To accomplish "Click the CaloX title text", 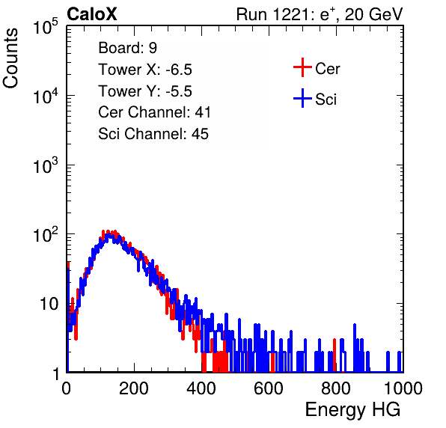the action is [92, 14].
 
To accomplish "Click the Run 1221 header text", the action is [320, 14].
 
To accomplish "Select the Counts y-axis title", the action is [10, 58].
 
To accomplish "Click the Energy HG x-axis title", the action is [352, 410].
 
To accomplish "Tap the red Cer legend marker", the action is [302, 67].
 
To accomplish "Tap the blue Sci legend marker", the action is [302, 99].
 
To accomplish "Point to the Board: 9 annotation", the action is [127, 48].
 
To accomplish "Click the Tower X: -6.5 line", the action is [145, 70].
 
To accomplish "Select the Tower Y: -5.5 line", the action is [145, 91].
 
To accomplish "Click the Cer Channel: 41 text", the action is [154, 112].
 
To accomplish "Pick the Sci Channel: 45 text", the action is [153, 134].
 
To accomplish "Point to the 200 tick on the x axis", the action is [134, 388].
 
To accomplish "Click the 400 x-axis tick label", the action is [201, 388].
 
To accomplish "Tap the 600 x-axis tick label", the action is [269, 388].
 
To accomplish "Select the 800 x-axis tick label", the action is [336, 388].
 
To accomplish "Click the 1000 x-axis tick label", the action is [403, 388].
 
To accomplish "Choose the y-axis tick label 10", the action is [49, 304].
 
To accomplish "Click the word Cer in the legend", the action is [327, 69].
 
